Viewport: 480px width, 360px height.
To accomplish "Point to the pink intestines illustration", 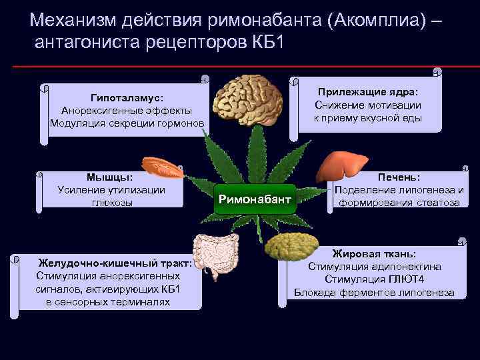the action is [x=217, y=259].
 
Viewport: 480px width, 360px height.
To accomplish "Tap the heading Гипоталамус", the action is [x=127, y=97].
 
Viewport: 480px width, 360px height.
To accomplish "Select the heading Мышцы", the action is [x=109, y=177].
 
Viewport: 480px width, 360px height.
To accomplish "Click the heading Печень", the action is [x=399, y=177].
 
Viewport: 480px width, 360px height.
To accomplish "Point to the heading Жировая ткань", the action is [x=374, y=254].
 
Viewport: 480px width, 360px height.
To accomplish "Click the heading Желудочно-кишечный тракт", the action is [x=115, y=263].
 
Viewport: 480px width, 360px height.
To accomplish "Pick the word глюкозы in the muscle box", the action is [x=112, y=202].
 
